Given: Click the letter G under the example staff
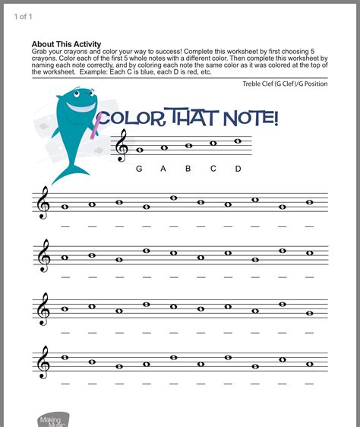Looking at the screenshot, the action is (139, 169).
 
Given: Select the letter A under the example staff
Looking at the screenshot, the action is (163, 169).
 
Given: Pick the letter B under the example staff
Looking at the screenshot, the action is (188, 169).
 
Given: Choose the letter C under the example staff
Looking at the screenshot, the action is (213, 169).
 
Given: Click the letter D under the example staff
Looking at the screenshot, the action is (238, 169).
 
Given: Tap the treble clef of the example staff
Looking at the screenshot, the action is (122, 146).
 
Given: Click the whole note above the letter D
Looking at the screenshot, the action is (238, 140).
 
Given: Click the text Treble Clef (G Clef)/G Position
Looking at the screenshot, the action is (285, 84).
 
